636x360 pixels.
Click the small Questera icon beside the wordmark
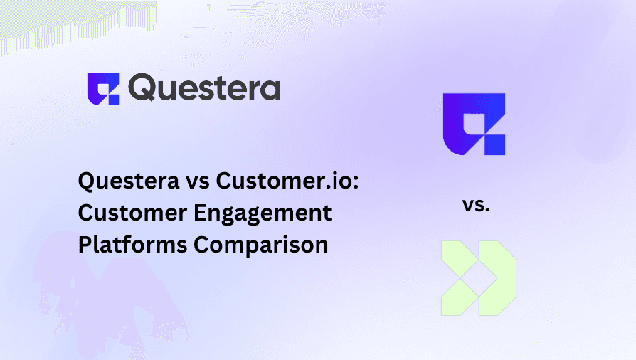(x=103, y=89)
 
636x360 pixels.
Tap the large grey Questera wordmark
(x=205, y=89)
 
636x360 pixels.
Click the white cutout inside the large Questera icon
(x=475, y=122)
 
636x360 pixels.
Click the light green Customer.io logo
(x=477, y=277)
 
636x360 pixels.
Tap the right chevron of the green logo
(x=497, y=277)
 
